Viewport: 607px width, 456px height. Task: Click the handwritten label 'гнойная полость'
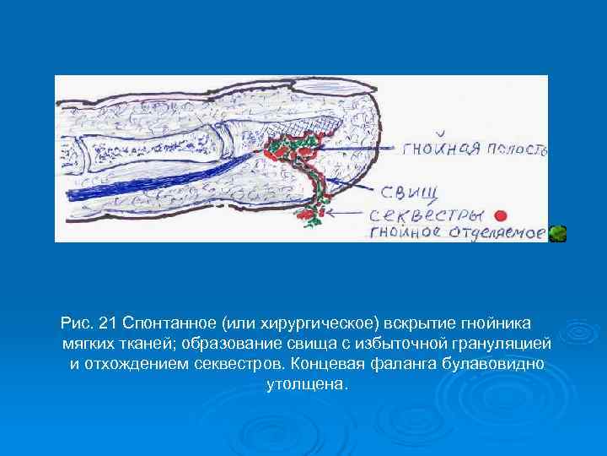pyautogui.click(x=475, y=150)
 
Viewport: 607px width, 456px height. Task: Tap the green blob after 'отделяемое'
pyautogui.click(x=557, y=234)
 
